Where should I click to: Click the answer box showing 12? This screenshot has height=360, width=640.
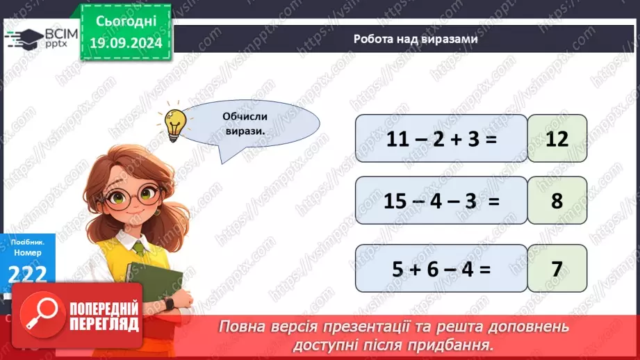pyautogui.click(x=557, y=138)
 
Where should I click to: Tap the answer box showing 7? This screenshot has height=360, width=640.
pyautogui.click(x=557, y=268)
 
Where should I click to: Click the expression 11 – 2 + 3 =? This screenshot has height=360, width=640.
pyautogui.click(x=441, y=138)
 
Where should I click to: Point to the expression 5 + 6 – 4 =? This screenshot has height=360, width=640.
pyautogui.click(x=441, y=268)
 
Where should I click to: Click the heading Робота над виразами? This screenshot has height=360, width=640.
pyautogui.click(x=415, y=39)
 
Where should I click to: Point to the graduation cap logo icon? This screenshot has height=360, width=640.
pyautogui.click(x=26, y=38)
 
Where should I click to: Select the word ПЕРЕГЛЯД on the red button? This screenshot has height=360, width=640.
pyautogui.click(x=105, y=325)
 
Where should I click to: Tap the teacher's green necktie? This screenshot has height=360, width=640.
pyautogui.click(x=139, y=246)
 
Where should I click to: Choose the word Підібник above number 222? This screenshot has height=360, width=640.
pyautogui.click(x=27, y=244)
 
